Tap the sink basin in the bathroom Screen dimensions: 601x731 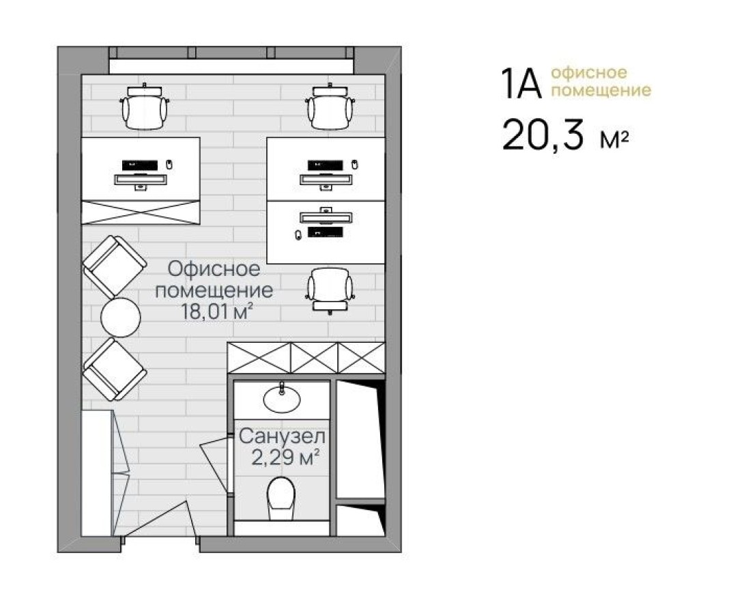coord(281,399)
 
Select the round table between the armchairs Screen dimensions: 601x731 coord(121,317)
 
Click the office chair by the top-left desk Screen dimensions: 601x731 coord(144,108)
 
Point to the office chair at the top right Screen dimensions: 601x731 coord(330,108)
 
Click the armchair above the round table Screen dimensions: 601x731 coord(114,266)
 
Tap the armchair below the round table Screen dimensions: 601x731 coord(114,369)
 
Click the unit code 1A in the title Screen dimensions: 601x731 coord(521,83)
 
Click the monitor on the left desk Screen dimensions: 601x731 coord(140,180)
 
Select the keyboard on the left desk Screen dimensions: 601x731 coord(140,165)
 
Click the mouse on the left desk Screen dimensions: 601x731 coord(169,165)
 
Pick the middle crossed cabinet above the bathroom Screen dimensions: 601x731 coord(315,358)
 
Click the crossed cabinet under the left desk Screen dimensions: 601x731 coord(141,212)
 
